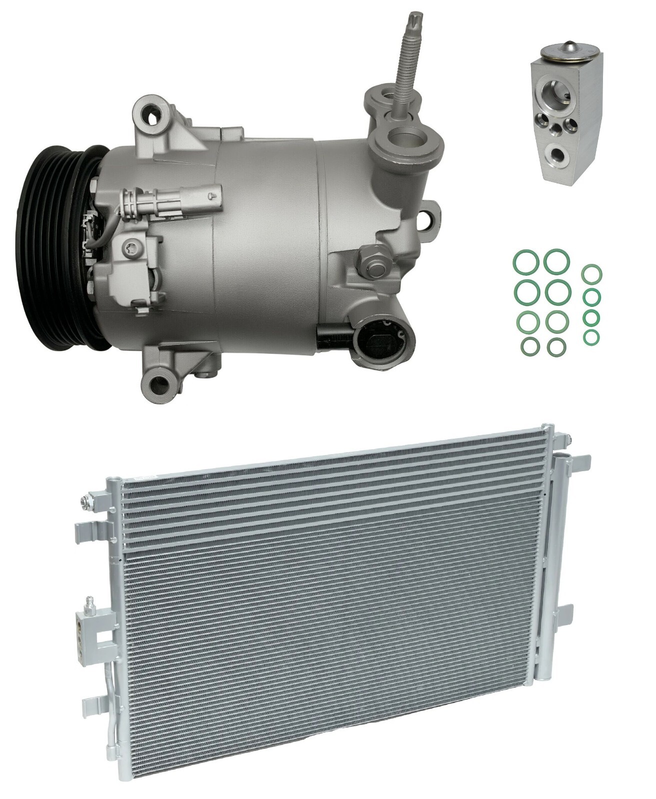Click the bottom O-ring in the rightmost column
[592, 336]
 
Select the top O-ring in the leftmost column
[520, 262]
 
